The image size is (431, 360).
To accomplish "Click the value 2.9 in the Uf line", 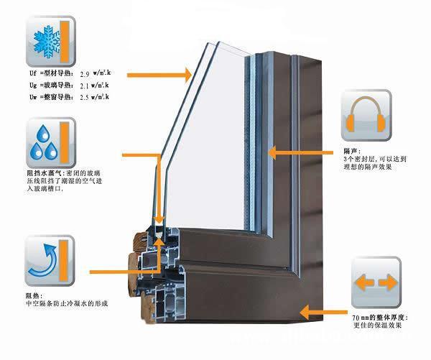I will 85,74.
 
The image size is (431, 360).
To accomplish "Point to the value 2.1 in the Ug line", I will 85,86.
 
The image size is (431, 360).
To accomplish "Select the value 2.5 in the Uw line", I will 85,97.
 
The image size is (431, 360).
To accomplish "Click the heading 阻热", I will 32,294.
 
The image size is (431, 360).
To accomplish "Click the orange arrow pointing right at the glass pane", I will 158,73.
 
